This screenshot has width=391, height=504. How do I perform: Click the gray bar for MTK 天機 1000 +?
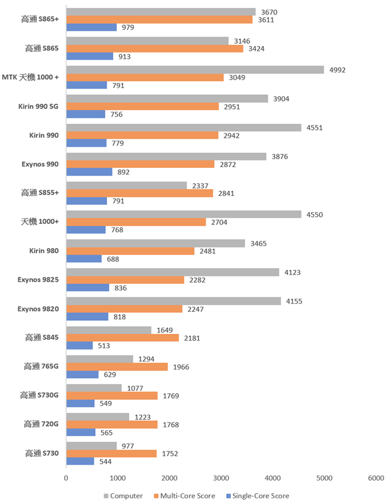195,70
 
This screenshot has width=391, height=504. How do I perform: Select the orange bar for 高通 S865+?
159,20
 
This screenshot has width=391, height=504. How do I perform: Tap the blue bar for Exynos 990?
89,172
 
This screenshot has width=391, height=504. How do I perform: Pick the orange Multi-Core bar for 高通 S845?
123,338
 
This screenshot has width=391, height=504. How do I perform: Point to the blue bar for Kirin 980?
84,259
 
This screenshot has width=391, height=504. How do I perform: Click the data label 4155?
295,301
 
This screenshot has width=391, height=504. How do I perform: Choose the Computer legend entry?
123,496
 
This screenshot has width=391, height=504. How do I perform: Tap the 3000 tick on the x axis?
221,478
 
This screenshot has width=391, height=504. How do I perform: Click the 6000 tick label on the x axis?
376,478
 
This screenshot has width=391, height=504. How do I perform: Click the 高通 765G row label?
43,367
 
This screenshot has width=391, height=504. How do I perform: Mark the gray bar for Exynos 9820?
174,301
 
